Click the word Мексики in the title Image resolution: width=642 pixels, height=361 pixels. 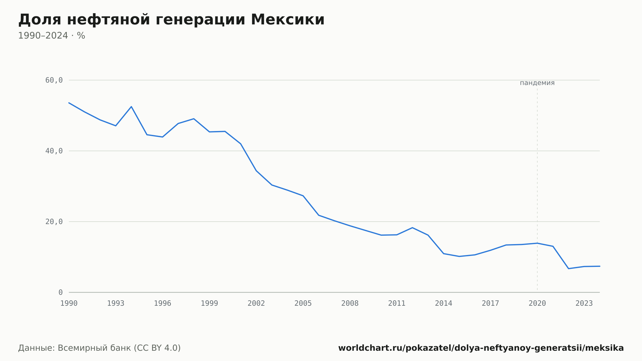[288, 20]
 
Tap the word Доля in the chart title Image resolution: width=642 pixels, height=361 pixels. [40, 20]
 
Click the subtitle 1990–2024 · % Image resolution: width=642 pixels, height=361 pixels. [52, 36]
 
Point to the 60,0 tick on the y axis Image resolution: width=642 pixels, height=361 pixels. [54, 80]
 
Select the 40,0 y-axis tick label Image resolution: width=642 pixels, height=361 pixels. [54, 151]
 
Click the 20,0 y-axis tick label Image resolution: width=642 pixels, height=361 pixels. [54, 222]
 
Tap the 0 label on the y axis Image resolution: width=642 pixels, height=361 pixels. [61, 292]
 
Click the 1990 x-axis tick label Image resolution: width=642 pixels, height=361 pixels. [69, 304]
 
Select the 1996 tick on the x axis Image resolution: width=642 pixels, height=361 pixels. [163, 304]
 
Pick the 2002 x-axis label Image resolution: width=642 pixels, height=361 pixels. [256, 304]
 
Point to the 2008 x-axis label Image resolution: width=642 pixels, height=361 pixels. [350, 304]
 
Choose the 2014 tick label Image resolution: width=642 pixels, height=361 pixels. [444, 304]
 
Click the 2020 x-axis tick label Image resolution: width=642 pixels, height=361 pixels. [537, 304]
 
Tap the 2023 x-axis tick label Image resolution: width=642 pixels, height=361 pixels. [584, 304]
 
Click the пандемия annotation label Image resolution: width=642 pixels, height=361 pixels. [537, 83]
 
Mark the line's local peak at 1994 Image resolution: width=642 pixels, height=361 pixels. [131, 107]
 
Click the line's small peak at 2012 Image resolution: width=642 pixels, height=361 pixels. [412, 228]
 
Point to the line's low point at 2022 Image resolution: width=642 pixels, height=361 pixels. [568, 269]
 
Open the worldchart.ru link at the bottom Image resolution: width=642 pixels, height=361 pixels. [481, 348]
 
